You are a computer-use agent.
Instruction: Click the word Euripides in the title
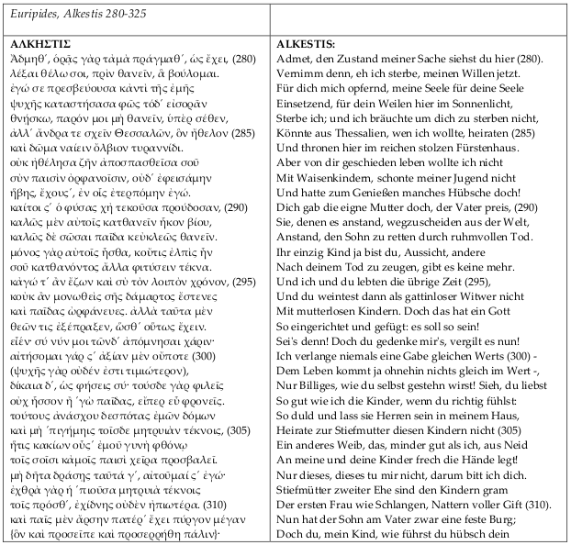click(x=30, y=14)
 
